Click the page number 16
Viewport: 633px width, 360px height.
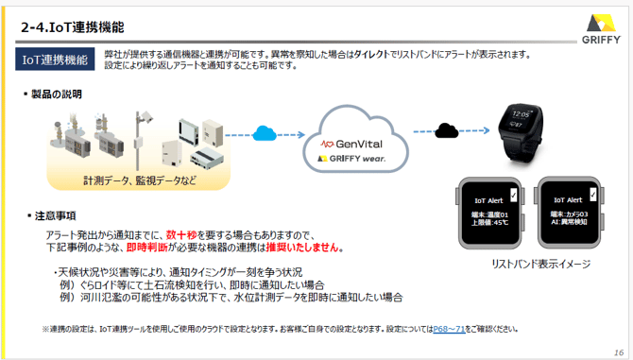[618, 351]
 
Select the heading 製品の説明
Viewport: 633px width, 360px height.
[56, 94]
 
